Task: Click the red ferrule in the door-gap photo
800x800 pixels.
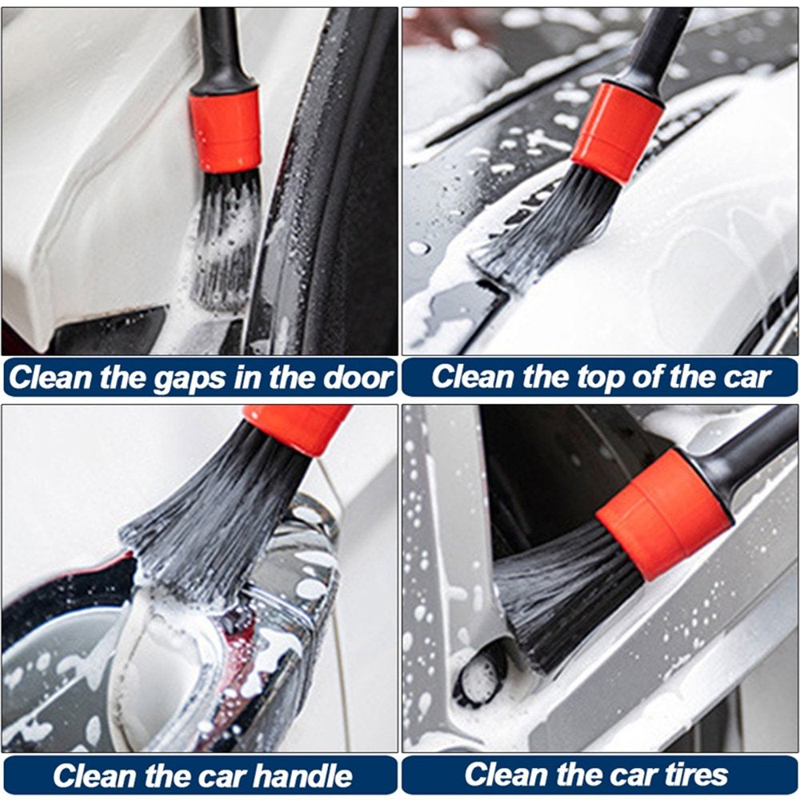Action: (x=225, y=131)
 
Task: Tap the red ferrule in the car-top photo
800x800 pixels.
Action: (x=618, y=132)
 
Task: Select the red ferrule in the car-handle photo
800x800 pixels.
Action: (x=298, y=427)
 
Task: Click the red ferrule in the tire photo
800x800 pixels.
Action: (x=664, y=515)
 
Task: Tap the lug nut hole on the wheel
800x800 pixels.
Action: (x=479, y=673)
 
